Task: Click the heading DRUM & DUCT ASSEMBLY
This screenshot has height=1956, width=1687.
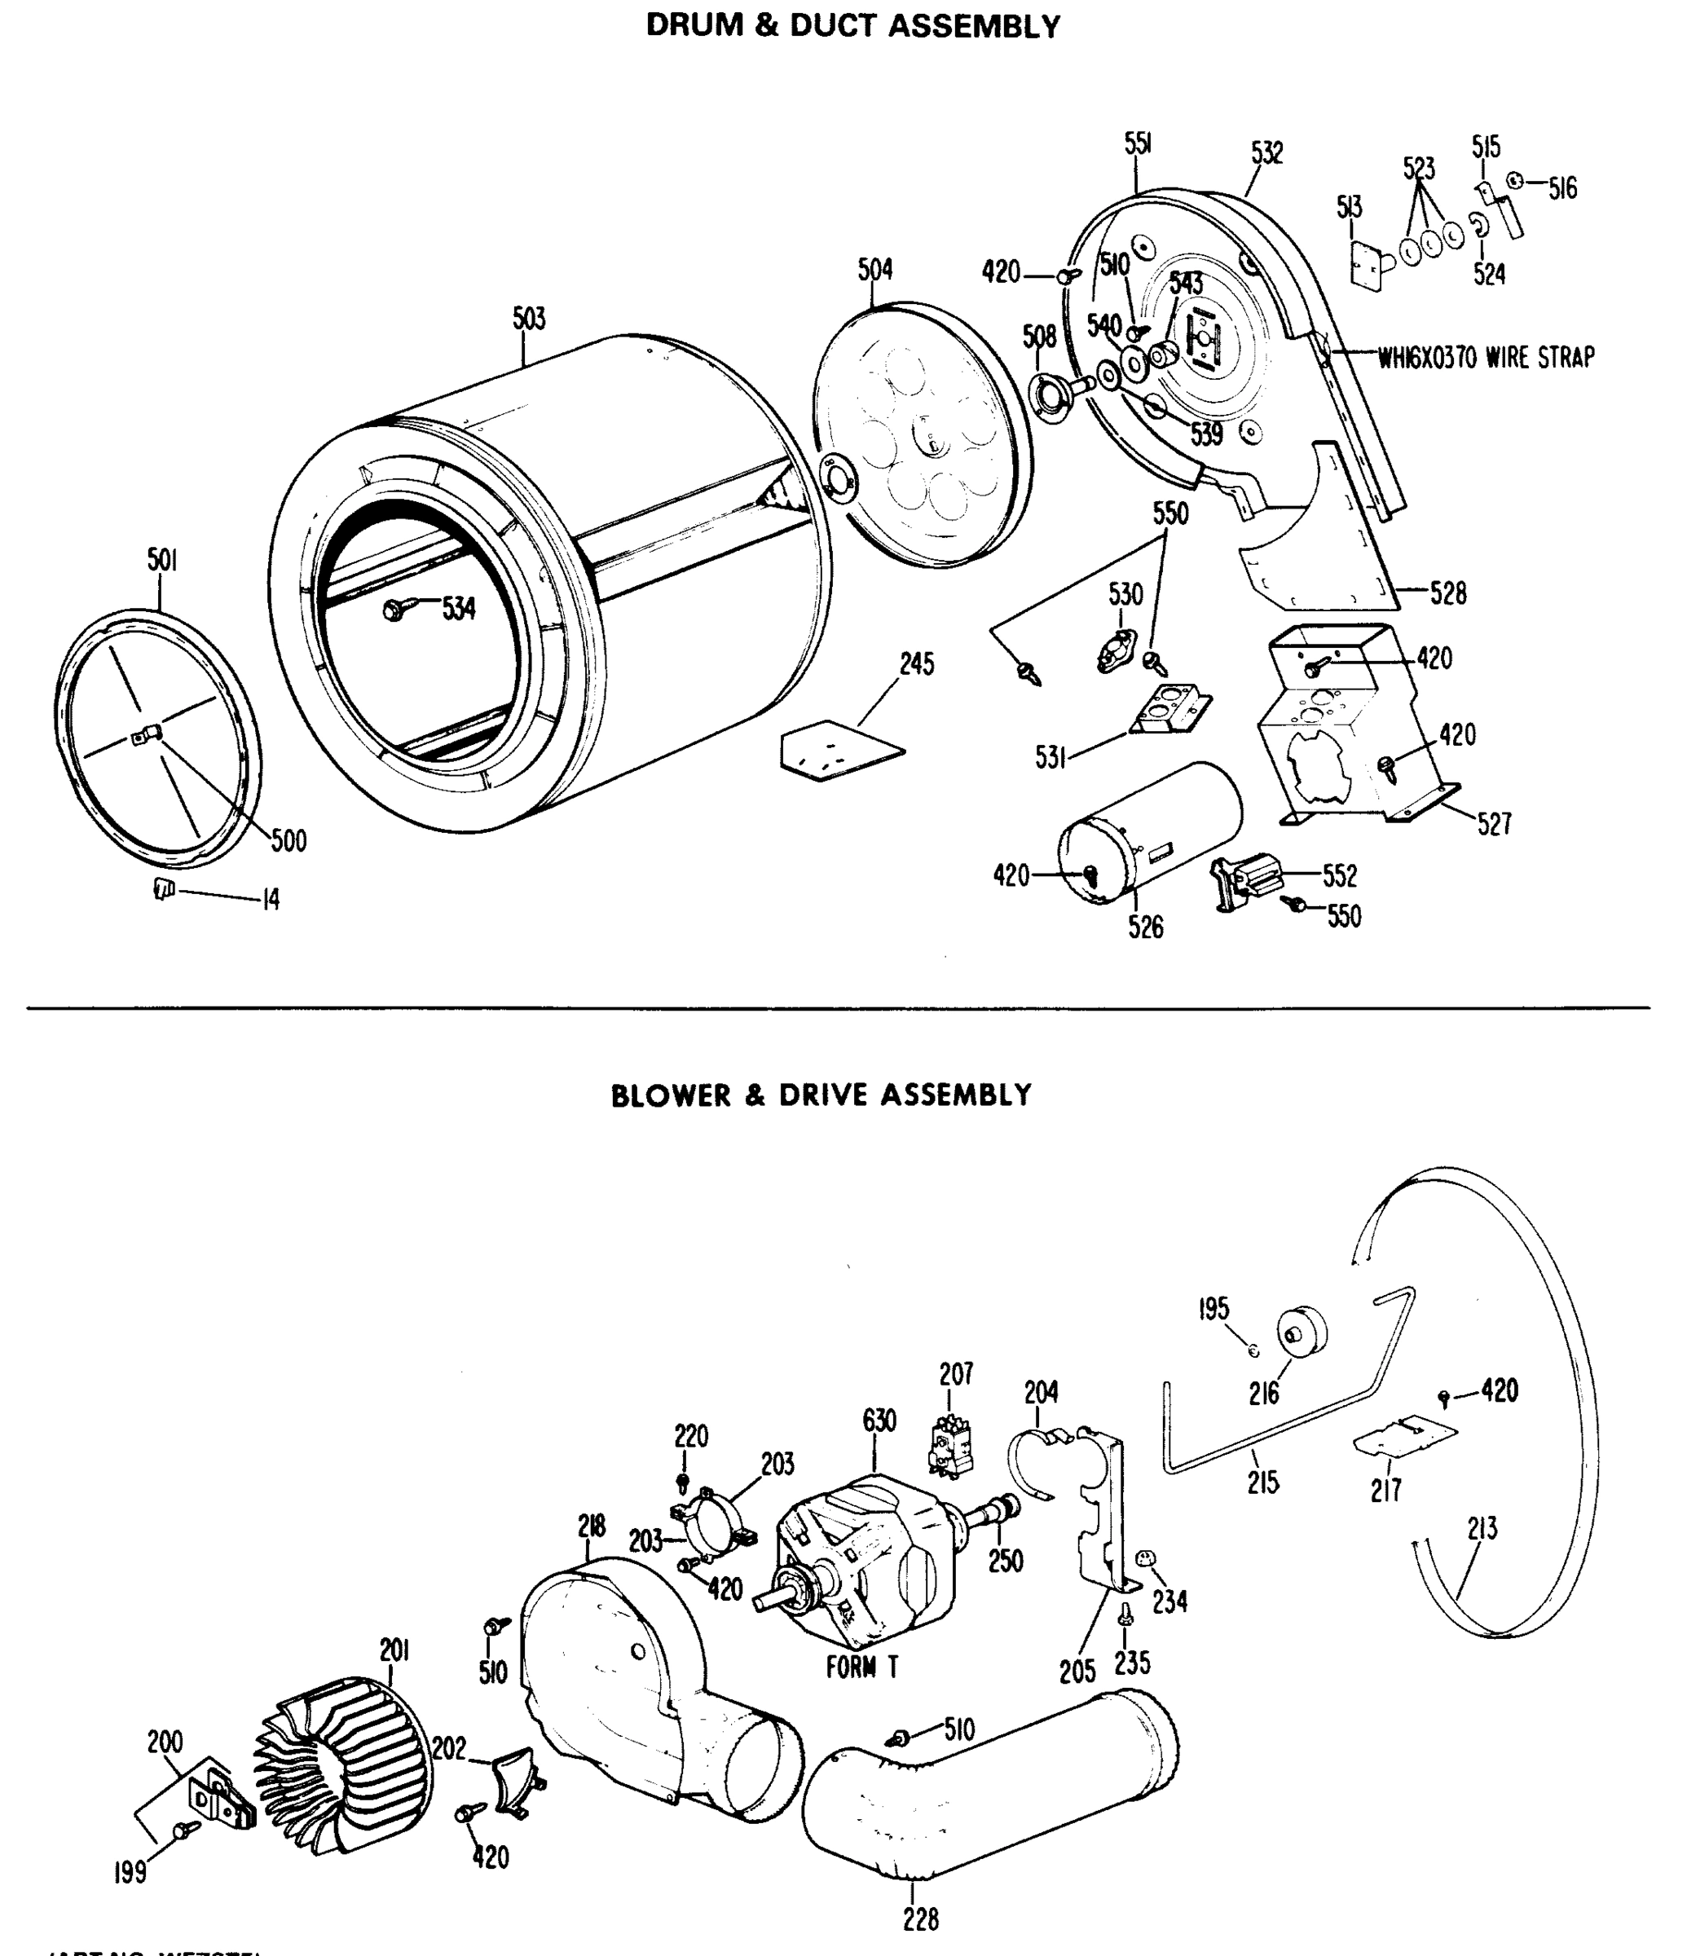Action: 852,26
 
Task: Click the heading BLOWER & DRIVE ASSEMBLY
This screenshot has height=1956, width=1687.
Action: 821,1095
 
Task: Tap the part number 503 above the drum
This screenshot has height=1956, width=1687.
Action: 529,319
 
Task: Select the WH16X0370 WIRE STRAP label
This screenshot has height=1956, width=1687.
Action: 1486,358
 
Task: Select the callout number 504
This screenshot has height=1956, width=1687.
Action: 875,270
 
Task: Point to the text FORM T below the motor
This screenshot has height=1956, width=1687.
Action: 862,1668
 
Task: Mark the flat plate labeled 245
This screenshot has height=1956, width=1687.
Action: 841,751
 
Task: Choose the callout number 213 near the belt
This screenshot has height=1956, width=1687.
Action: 1482,1528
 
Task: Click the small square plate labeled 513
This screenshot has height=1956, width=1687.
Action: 1366,263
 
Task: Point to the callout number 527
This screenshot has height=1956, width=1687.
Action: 1494,824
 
